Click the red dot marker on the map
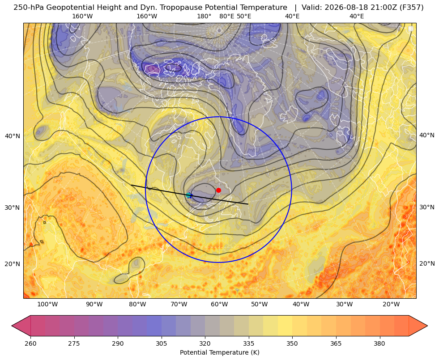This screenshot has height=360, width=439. pyautogui.click(x=219, y=190)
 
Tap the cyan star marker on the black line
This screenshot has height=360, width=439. pyautogui.click(x=189, y=195)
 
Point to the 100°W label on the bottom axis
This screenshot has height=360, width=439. pyautogui.click(x=47, y=304)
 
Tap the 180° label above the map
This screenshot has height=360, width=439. pyautogui.click(x=204, y=16)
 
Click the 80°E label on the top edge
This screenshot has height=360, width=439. pyautogui.click(x=227, y=16)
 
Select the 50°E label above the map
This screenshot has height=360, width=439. pyautogui.click(x=244, y=16)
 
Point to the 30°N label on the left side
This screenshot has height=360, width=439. pyautogui.click(x=13, y=208)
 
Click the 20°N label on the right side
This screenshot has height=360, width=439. pyautogui.click(x=427, y=263)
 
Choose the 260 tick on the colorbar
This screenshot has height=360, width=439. pyautogui.click(x=30, y=343)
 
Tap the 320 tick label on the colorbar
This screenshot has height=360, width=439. pyautogui.click(x=205, y=343)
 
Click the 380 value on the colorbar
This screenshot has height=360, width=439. pyautogui.click(x=379, y=343)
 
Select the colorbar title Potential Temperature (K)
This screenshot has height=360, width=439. pyautogui.click(x=219, y=352)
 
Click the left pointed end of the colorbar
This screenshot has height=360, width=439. pyautogui.click(x=12, y=326)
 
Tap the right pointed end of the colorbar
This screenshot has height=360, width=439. pyautogui.click(x=427, y=326)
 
